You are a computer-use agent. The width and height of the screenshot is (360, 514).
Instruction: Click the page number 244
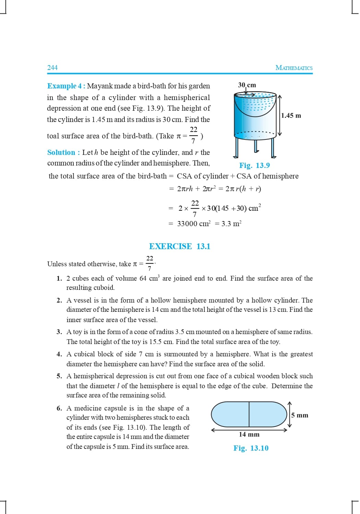tap(52, 68)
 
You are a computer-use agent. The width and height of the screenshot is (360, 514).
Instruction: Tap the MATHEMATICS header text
tap(294, 68)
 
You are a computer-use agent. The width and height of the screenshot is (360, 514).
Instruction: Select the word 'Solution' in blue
tap(61, 152)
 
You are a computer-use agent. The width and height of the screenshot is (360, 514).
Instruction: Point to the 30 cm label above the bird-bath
tap(247, 85)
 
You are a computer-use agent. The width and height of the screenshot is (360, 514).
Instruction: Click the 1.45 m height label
tap(291, 115)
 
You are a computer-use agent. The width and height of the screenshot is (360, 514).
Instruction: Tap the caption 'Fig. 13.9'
tap(254, 166)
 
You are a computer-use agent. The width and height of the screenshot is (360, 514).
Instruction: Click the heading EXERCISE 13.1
tap(180, 246)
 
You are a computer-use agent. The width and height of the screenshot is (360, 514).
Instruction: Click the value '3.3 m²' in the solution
tap(231, 224)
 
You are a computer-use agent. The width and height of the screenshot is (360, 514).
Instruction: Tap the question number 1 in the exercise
tap(59, 279)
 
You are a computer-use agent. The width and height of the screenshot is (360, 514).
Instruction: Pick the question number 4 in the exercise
tap(59, 354)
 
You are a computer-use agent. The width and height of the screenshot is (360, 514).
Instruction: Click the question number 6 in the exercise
tap(59, 408)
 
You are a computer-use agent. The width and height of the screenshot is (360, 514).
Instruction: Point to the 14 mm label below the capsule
tap(249, 435)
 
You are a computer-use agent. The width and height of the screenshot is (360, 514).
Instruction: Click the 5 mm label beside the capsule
tap(300, 415)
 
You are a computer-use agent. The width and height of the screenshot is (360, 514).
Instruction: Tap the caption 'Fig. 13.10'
tap(251, 448)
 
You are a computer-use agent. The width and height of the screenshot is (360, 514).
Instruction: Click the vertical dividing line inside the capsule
tap(249, 414)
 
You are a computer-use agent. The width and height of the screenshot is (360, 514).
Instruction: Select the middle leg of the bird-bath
tap(256, 146)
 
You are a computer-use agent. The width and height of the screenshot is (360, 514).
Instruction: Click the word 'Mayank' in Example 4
tap(100, 86)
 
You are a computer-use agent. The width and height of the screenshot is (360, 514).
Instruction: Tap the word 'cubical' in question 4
tap(84, 354)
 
